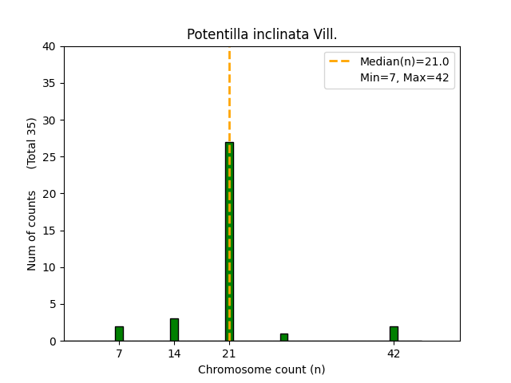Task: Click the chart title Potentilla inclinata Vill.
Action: [261, 34]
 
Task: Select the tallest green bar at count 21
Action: [229, 239]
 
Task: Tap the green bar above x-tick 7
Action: [119, 334]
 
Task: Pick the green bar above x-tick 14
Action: [174, 330]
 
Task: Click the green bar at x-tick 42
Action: [394, 334]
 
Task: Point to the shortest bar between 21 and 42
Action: [283, 338]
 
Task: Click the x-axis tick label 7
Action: [119, 353]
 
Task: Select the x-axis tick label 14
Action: [174, 353]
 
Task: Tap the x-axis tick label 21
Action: [229, 353]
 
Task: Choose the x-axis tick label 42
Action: [394, 353]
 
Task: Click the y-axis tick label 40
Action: [50, 46]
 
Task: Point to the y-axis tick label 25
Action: [50, 157]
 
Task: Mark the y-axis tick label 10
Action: [50, 267]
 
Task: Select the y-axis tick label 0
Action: [53, 341]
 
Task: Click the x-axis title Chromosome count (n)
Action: [261, 369]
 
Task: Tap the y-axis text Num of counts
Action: [33, 231]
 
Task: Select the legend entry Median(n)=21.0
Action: [404, 61]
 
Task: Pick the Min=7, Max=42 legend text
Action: [404, 78]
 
